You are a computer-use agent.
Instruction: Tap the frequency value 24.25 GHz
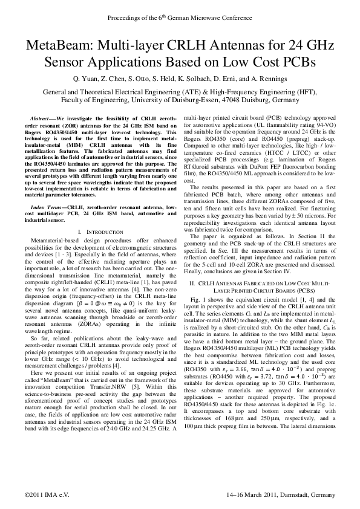[155, 426]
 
